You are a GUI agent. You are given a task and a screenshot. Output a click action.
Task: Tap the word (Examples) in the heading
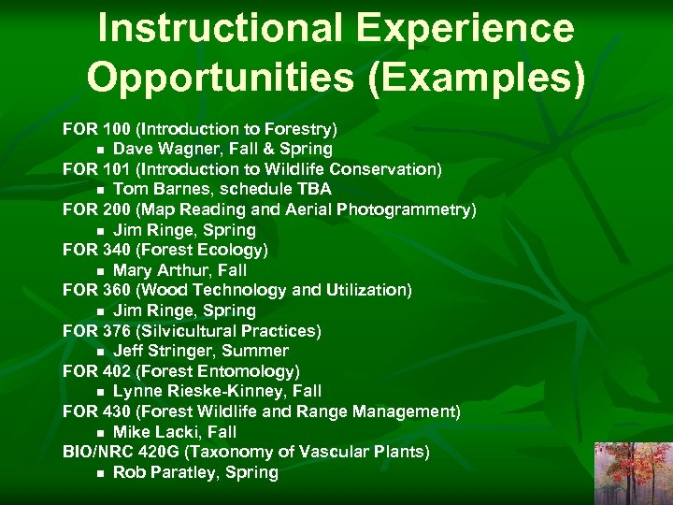[x=477, y=77]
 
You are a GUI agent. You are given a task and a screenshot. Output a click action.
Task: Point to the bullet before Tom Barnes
[x=99, y=190]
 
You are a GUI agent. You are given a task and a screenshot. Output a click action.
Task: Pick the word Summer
[x=257, y=351]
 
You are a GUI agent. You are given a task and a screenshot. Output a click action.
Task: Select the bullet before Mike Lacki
[x=99, y=433]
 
